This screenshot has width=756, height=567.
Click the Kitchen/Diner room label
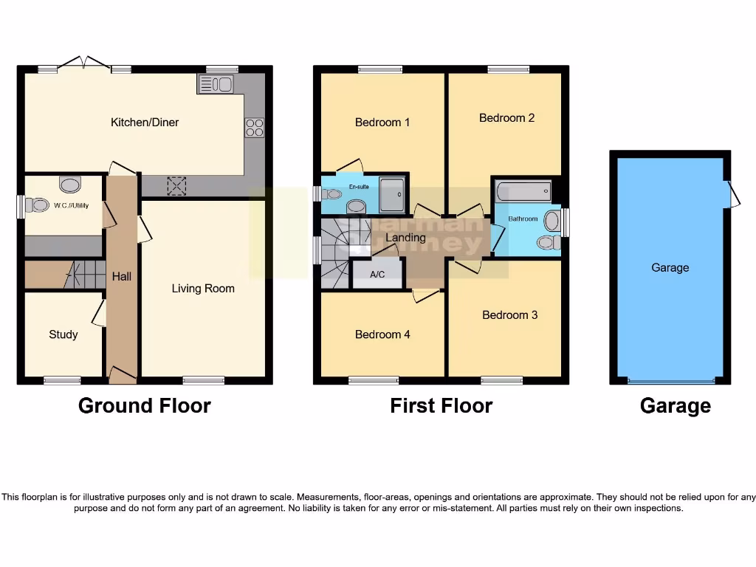pos(145,122)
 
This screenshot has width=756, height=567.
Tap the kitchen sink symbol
pos(215,84)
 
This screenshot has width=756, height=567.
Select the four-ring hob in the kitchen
pos(255,128)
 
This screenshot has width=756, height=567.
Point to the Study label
pos(63,334)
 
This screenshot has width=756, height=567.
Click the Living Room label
pos(203,288)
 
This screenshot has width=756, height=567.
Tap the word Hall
pos(122,276)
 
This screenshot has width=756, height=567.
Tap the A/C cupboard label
pos(377,275)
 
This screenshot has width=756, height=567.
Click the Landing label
pos(405,237)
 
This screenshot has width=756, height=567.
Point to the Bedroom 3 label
pos(509,315)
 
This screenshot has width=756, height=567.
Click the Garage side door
pos(732,194)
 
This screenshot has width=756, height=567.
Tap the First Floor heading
pos(441,405)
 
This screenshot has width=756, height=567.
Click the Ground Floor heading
pos(145,405)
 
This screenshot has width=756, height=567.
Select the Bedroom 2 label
pos(506,117)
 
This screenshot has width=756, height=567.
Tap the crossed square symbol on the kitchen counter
pos(177,186)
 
